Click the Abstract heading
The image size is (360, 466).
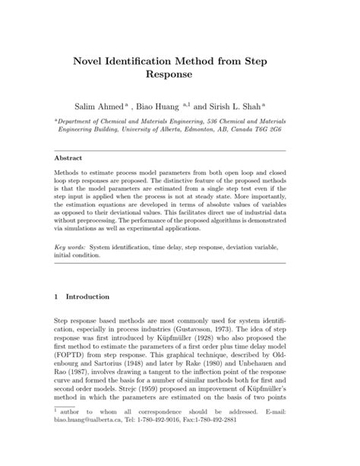[68, 158]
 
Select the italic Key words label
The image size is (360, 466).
[70, 248]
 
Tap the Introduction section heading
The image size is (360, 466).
[88, 296]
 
